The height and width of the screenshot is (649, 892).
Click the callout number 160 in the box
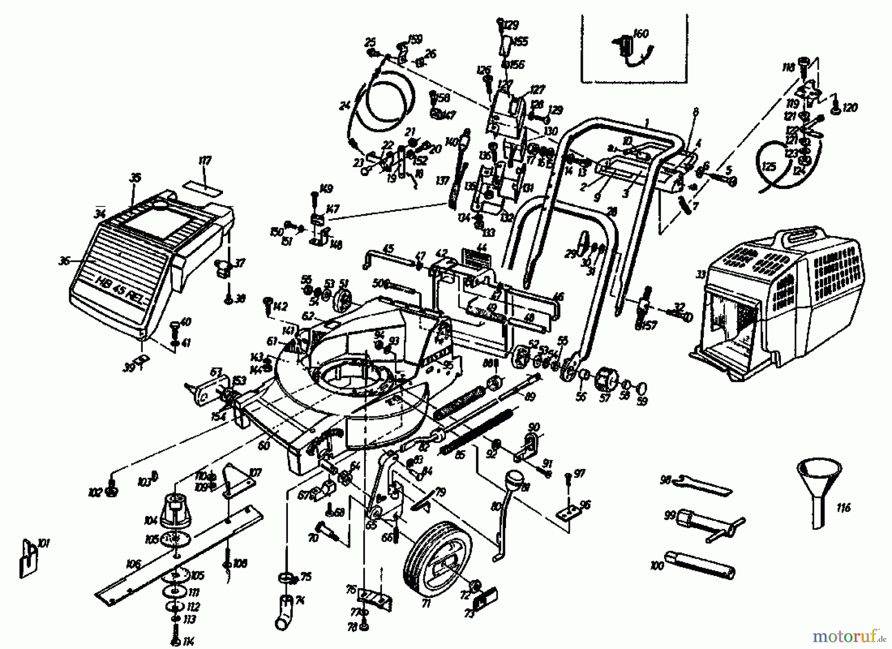point(640,34)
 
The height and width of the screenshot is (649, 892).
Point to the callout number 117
point(204,161)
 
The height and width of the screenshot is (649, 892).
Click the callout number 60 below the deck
point(264,446)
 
